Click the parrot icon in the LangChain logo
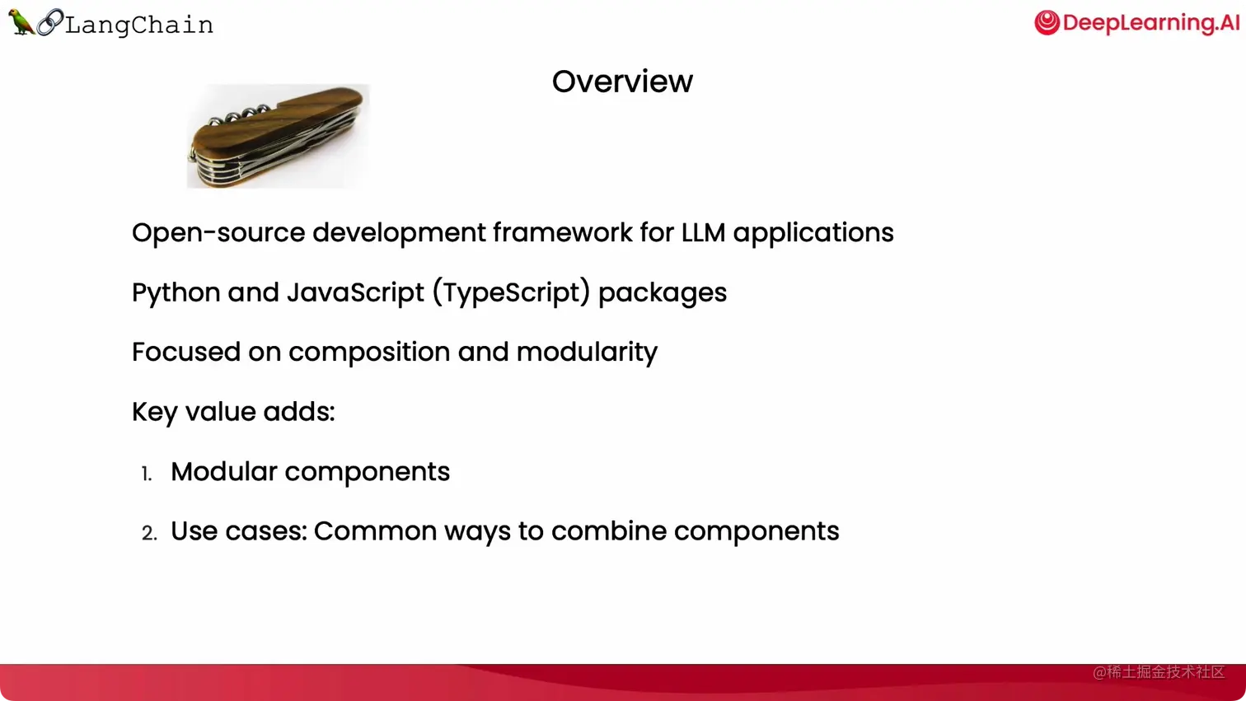pos(20,22)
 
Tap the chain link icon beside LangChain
pos(49,22)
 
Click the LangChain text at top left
pos(139,25)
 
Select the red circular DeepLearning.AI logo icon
pos(1047,22)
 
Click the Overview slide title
pos(622,82)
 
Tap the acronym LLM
pos(703,233)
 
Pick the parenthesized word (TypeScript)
pos(511,293)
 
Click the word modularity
pos(587,353)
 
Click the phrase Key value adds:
pos(233,412)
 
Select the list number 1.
pos(147,474)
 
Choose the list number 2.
pos(149,533)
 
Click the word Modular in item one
pos(223,472)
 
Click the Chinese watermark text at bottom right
pos(1158,672)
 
